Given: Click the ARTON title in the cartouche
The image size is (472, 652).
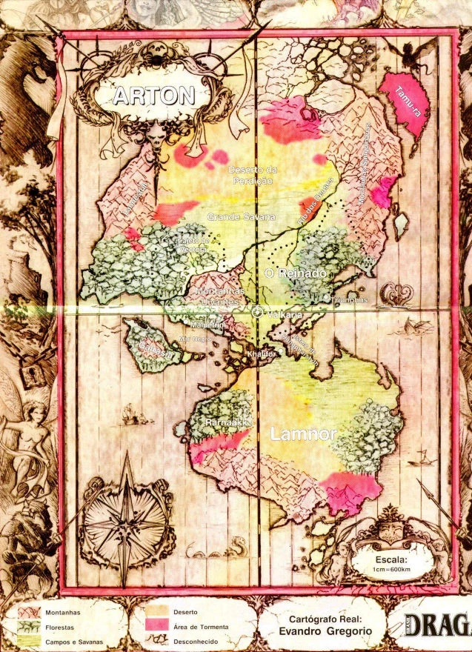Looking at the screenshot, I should pos(153,96).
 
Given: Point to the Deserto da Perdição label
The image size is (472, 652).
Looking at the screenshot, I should pos(251,175).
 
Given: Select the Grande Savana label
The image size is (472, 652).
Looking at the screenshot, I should pos(242,217).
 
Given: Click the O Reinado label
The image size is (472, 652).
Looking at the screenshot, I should pos(295,274).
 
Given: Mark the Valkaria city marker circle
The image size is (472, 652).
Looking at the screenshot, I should pos(256,313).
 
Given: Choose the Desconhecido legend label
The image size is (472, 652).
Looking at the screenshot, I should pos(196,640).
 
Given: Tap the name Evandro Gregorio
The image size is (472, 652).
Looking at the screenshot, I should pos(326,631).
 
